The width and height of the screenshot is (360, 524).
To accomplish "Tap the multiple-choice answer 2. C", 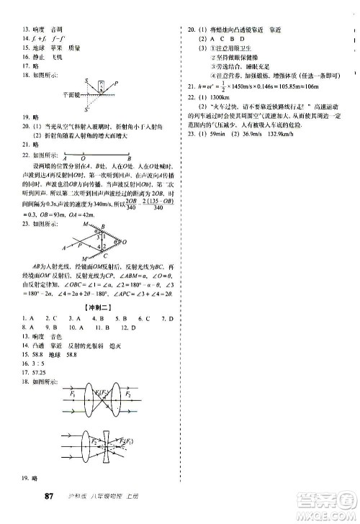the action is coord(49,318).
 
